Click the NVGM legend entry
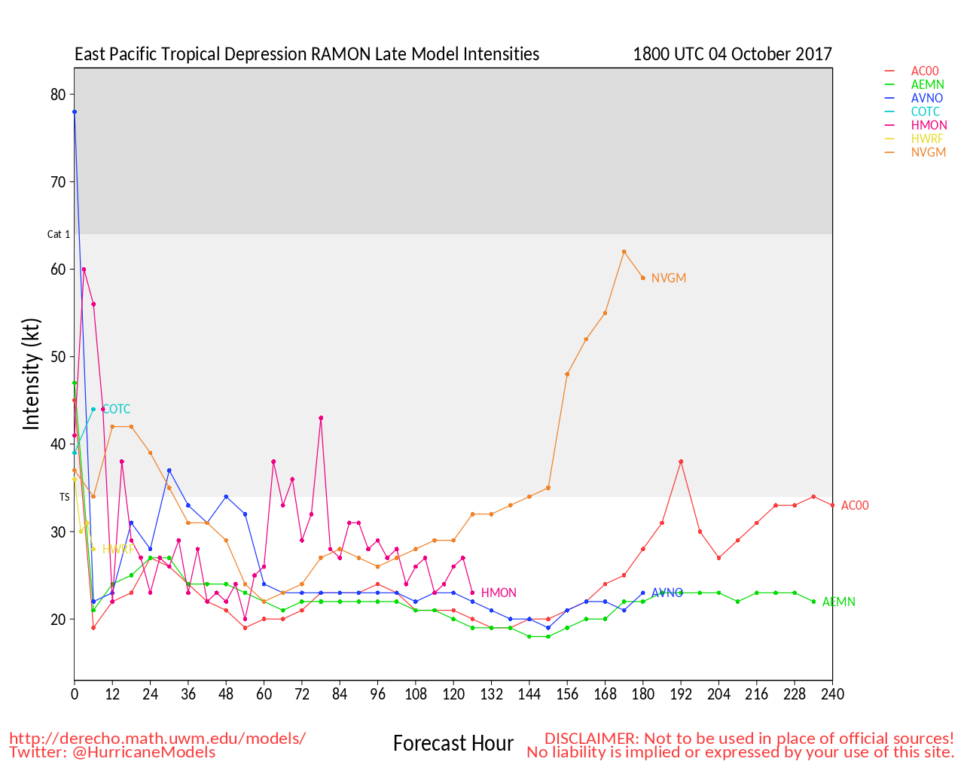coord(928,152)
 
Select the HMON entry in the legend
coord(929,125)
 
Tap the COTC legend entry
coord(925,111)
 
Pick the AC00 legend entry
coord(925,71)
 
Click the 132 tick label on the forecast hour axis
coord(491,693)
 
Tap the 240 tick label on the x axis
coord(832,693)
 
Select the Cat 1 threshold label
coord(59,234)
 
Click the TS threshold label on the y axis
coord(65,497)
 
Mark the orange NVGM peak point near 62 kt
coord(624,251)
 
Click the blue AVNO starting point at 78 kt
coord(75,112)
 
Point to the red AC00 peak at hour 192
coord(681,462)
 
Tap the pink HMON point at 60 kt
coord(84,269)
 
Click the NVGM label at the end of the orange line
coord(669,278)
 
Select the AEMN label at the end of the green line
coord(838,602)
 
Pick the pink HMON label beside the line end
coord(499,593)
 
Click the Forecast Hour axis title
coord(453,743)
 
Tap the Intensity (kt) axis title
coord(31,374)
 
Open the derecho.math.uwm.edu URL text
coord(157,738)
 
